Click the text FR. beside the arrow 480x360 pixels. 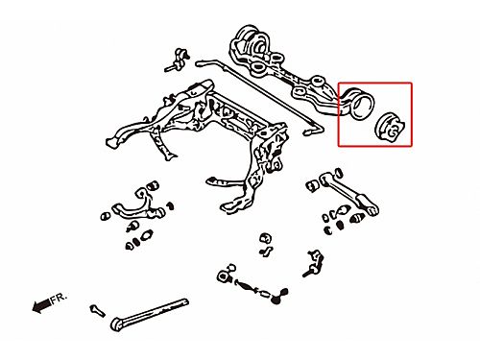[60, 298]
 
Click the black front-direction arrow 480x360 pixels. [41, 305]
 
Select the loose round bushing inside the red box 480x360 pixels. [390, 127]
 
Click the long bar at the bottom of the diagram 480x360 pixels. [150, 314]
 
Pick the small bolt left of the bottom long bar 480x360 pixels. [97, 310]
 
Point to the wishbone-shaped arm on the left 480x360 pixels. [138, 205]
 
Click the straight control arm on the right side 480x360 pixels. [348, 193]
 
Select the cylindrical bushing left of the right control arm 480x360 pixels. [312, 185]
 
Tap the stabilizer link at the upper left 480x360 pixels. [177, 60]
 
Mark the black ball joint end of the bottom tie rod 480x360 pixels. [279, 296]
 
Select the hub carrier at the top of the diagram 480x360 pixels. [285, 70]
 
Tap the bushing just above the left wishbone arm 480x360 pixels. [155, 185]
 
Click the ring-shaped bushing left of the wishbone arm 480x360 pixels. [105, 216]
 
